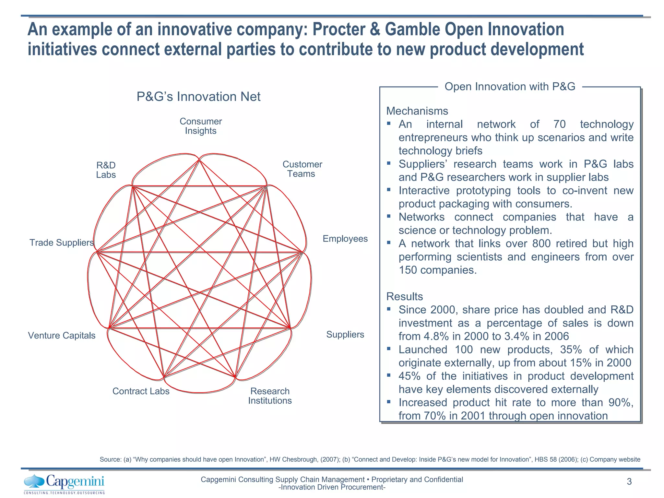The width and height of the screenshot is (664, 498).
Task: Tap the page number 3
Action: click(629, 482)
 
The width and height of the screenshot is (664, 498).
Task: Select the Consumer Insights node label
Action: click(201, 126)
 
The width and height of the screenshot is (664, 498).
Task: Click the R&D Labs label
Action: click(106, 170)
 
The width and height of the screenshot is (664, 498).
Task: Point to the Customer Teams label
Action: click(302, 169)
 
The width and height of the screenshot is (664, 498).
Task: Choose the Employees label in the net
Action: click(345, 239)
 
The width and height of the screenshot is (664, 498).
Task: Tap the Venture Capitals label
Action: click(62, 335)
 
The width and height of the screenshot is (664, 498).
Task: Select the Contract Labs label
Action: click(141, 391)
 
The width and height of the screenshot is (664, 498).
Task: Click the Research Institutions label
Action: click(270, 396)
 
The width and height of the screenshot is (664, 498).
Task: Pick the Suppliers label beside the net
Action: click(345, 334)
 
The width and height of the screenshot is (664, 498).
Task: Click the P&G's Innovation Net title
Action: click(198, 97)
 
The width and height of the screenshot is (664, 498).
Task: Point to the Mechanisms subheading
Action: click(417, 111)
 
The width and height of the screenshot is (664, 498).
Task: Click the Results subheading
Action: click(405, 296)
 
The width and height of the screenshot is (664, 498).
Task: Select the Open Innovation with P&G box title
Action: click(510, 87)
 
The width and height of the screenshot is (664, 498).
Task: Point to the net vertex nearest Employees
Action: click(302, 252)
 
